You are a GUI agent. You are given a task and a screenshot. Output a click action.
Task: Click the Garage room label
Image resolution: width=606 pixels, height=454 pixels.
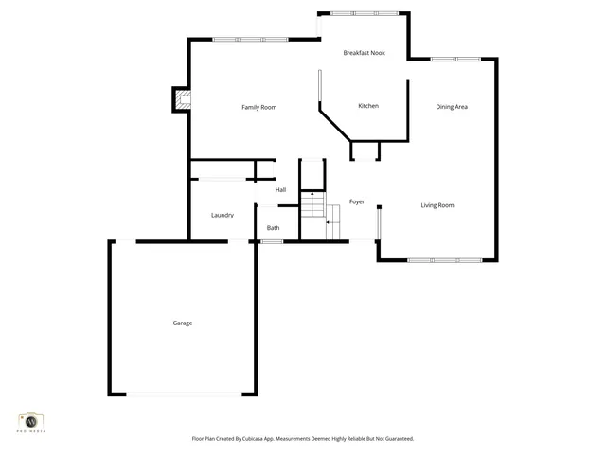pyautogui.click(x=183, y=323)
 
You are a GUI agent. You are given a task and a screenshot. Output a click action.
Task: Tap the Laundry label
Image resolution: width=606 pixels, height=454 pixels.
pyautogui.click(x=223, y=216)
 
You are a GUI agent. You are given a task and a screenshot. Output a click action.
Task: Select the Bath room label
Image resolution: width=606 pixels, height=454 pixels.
pyautogui.click(x=273, y=228)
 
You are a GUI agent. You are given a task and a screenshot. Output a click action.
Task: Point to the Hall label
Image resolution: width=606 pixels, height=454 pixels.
pyautogui.click(x=281, y=190)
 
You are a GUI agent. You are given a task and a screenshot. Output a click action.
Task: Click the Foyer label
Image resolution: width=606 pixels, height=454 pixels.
pyautogui.click(x=357, y=201)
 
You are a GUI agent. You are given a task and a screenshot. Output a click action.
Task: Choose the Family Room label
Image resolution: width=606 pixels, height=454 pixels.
pyautogui.click(x=258, y=108)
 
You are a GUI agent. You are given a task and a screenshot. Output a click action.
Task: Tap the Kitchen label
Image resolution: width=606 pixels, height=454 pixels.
pyautogui.click(x=368, y=106)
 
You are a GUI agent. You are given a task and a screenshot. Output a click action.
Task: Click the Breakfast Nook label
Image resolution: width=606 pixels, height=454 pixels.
pyautogui.click(x=364, y=53)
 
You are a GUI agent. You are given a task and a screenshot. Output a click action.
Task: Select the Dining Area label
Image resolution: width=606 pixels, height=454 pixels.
pyautogui.click(x=452, y=107)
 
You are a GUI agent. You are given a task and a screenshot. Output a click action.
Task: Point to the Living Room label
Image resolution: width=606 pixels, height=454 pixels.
pyautogui.click(x=437, y=205)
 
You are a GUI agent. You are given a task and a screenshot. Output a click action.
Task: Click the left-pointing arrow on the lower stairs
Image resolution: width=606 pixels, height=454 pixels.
pyautogui.click(x=329, y=224)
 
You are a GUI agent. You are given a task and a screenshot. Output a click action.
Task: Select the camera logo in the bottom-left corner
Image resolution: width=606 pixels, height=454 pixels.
pyautogui.click(x=31, y=421)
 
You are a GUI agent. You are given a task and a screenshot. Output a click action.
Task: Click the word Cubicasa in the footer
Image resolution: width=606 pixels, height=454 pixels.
pyautogui.click(x=274, y=439)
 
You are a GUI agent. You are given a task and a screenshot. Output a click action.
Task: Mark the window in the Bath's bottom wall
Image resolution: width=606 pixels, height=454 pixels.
pyautogui.click(x=272, y=241)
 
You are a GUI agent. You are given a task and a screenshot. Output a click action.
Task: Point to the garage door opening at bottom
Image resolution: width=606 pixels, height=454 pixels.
pyautogui.click(x=183, y=393)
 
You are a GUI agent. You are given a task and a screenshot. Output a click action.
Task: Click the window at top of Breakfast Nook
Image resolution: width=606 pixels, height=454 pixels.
pyautogui.click(x=365, y=13)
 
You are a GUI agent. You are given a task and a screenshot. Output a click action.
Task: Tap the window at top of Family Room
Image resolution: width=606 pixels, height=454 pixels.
pyautogui.click(x=251, y=40)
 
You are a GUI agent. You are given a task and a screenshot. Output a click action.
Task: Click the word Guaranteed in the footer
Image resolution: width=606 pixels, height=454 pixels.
pyautogui.click(x=395, y=439)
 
